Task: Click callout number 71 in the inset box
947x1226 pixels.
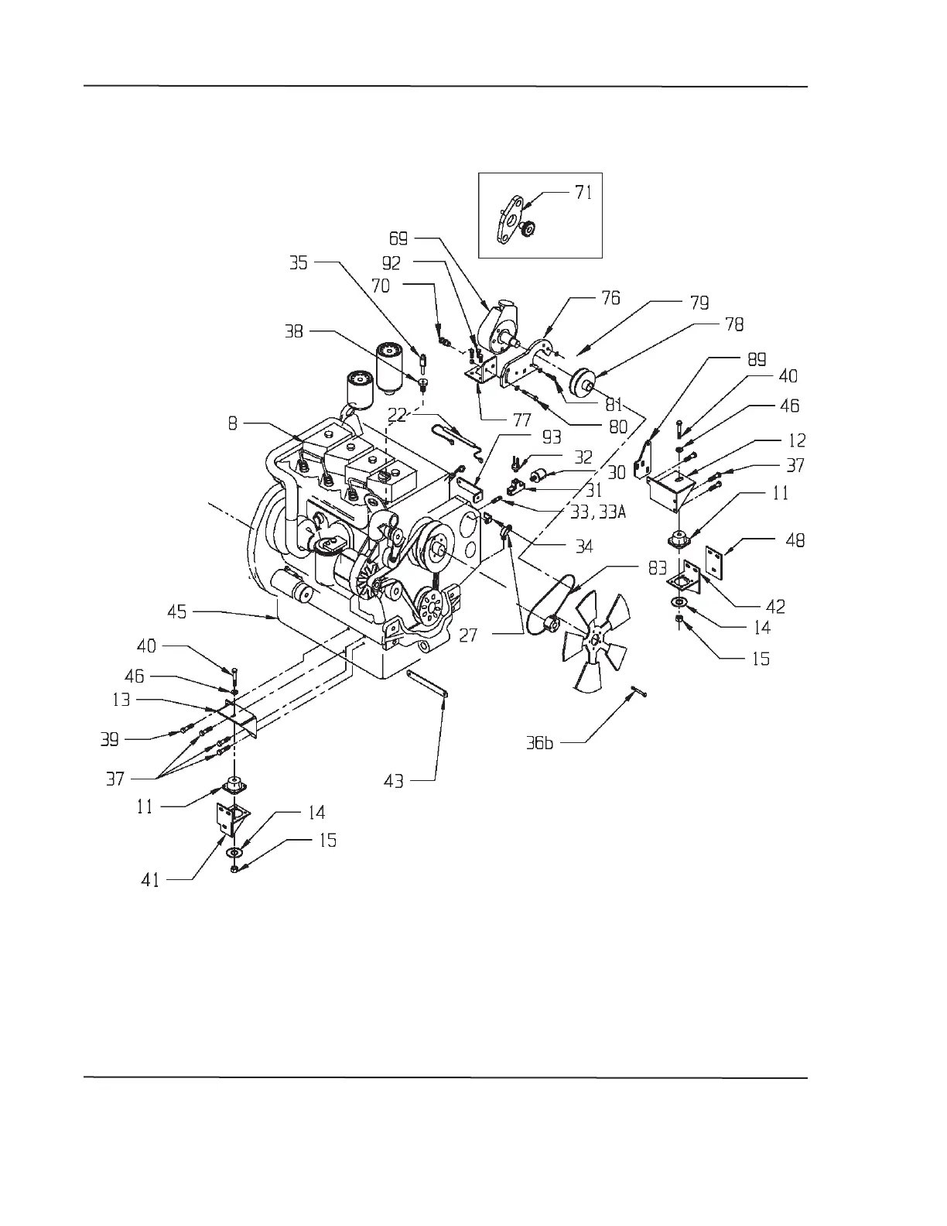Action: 583,192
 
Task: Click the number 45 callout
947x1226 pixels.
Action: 177,611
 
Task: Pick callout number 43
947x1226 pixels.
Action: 394,781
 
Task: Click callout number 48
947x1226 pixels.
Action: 794,539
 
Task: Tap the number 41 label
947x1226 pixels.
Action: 151,879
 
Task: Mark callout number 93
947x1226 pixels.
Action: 551,439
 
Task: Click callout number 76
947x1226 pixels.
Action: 610,298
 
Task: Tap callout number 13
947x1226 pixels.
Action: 121,700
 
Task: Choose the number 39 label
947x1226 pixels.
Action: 110,739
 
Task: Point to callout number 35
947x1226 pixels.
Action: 298,263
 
